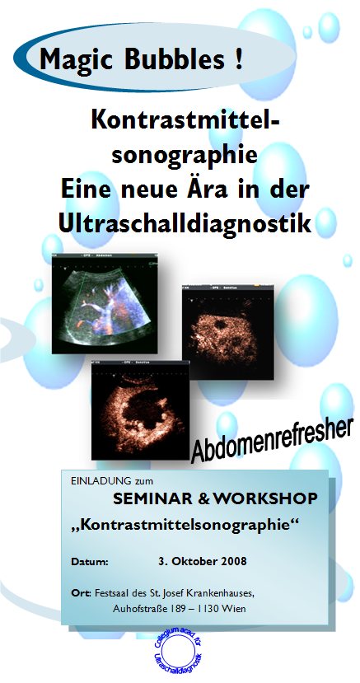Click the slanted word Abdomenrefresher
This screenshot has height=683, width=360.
click(272, 438)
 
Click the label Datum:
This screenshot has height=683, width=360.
click(91, 562)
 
